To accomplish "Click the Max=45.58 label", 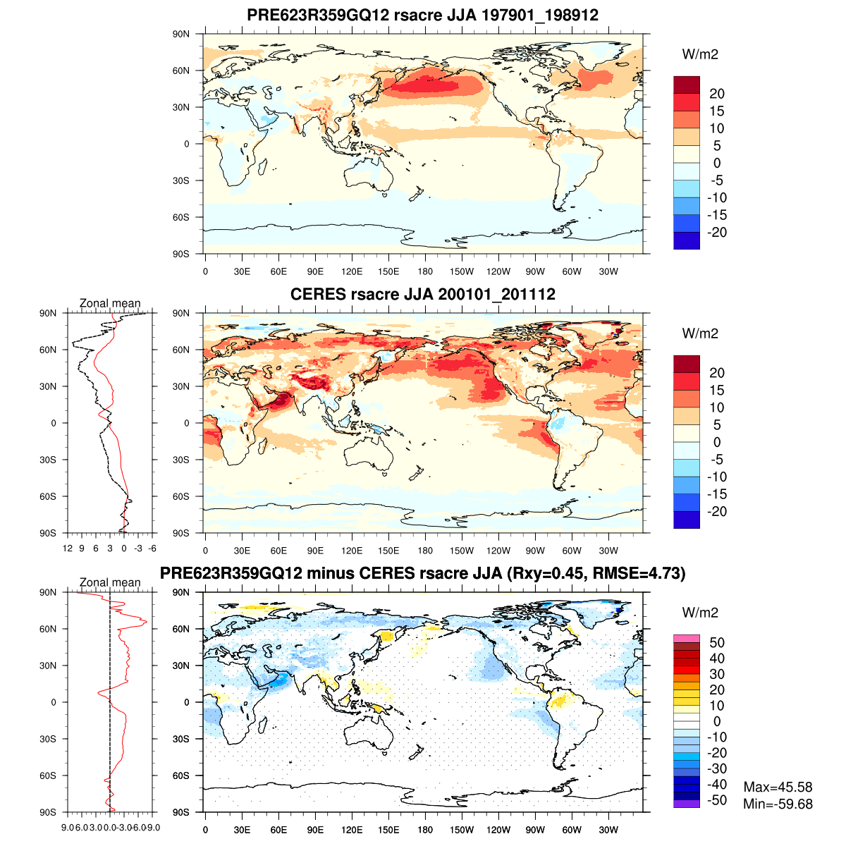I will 778,787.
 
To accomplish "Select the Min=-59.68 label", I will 778,804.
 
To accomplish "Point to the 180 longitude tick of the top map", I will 425,271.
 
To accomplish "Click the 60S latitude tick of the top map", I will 182,217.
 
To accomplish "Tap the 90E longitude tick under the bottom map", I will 315,830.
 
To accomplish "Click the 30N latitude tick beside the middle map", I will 182,386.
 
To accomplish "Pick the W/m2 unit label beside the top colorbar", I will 700,54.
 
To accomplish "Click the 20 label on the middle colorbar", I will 717,373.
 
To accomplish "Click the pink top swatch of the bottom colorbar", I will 687,638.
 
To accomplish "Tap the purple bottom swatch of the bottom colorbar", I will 687,804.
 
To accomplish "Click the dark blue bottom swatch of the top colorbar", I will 687,240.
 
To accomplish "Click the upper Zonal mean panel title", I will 110,303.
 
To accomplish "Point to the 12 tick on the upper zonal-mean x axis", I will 68,548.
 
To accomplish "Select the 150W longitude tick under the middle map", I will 462,551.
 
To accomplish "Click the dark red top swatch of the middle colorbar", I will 687,364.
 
